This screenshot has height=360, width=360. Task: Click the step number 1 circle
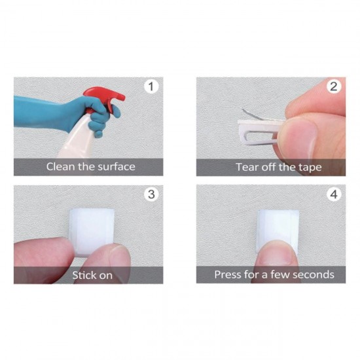pyautogui.click(x=152, y=86)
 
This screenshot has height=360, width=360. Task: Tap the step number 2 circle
pyautogui.click(x=334, y=86)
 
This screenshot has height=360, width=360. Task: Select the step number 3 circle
pyautogui.click(x=152, y=194)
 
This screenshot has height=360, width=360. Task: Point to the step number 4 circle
pyautogui.click(x=334, y=194)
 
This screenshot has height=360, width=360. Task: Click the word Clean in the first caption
pyautogui.click(x=61, y=166)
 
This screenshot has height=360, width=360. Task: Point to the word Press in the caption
pyautogui.click(x=228, y=275)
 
